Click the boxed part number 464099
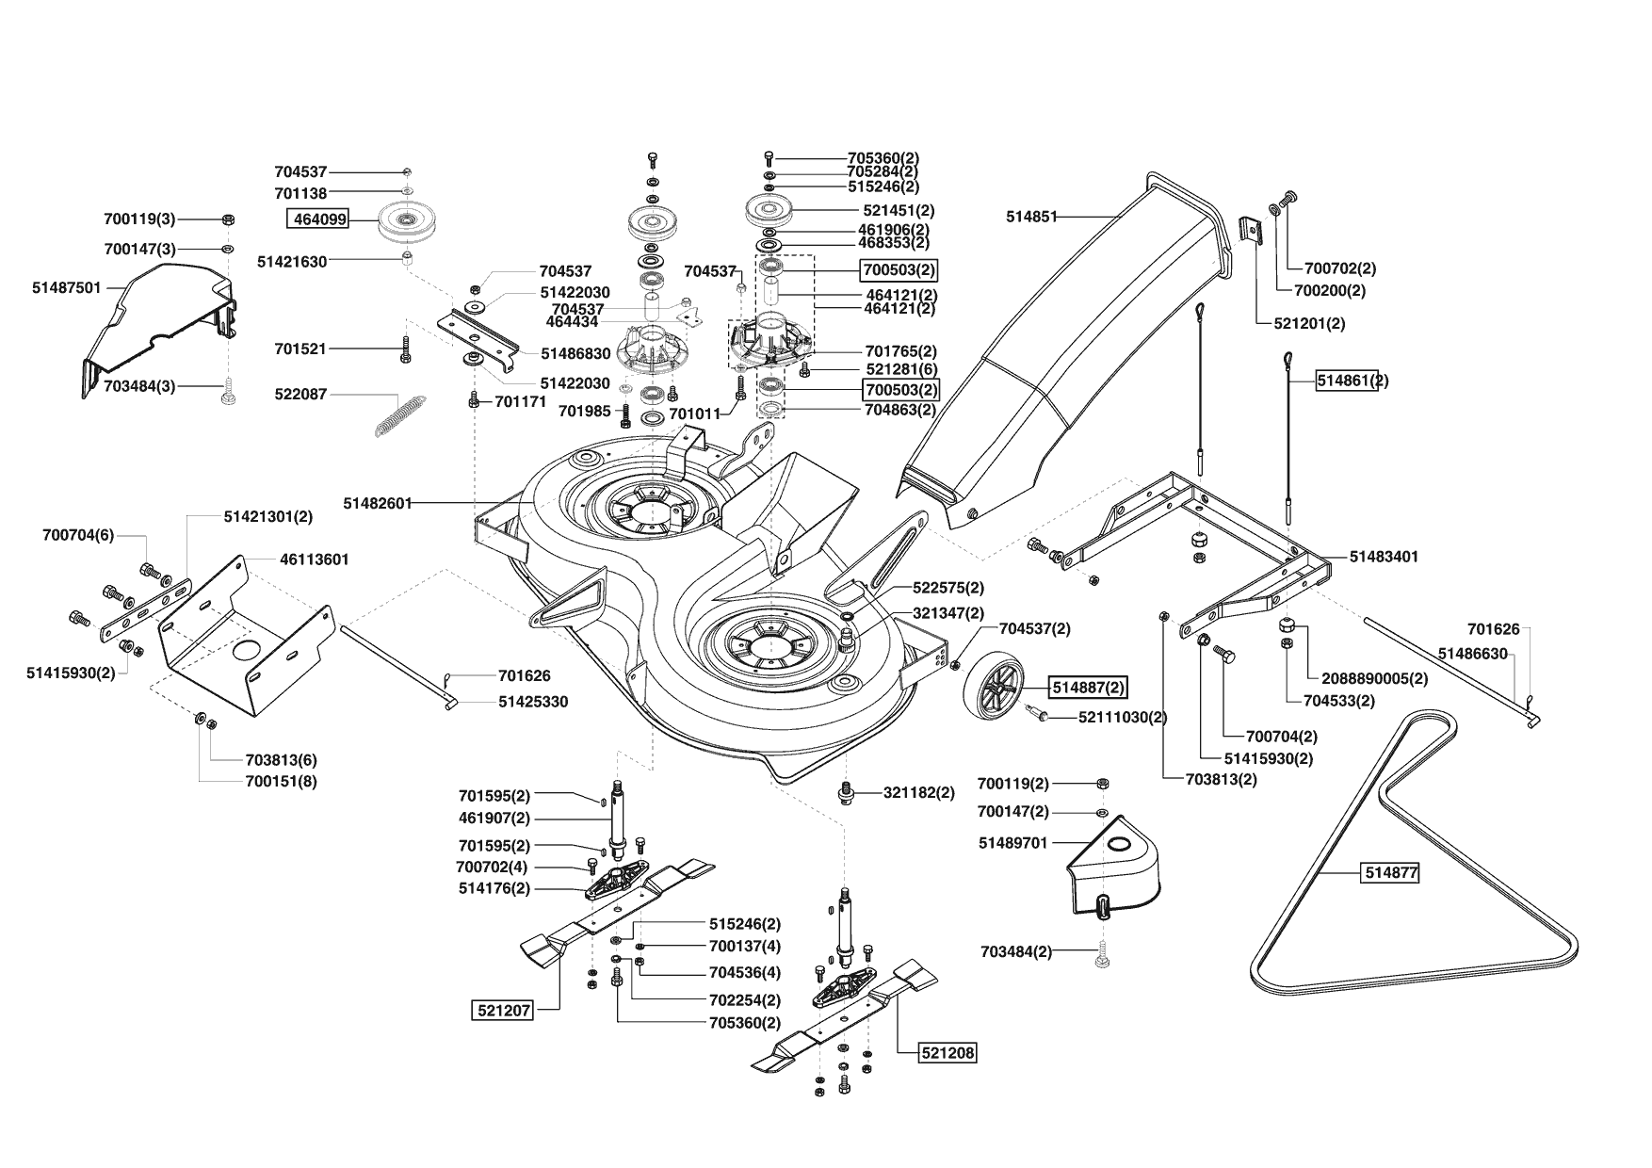(x=318, y=219)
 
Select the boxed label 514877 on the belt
(x=1391, y=873)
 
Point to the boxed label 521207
(x=502, y=1011)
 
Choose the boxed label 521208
(x=947, y=1053)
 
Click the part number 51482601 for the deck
(x=377, y=503)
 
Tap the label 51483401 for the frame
(x=1384, y=557)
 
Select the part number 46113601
(x=315, y=560)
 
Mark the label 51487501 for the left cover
(x=66, y=287)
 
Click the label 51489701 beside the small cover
(x=1013, y=843)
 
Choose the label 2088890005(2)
(x=1374, y=678)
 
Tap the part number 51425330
(x=533, y=702)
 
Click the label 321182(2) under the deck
(x=918, y=793)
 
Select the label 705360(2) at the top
(x=883, y=157)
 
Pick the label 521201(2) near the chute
(x=1308, y=322)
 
